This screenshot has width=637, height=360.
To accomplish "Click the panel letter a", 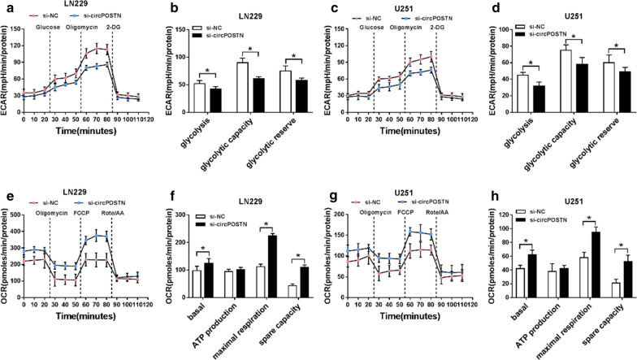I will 5,7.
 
